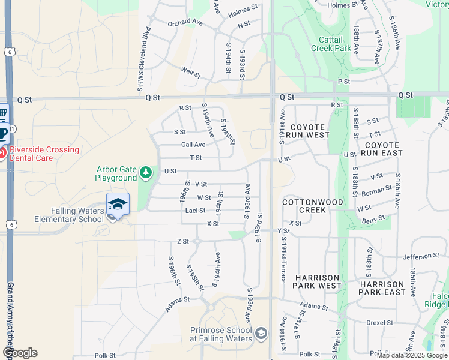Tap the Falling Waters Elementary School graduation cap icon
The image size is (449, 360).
click(x=118, y=204)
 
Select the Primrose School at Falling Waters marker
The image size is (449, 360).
click(x=261, y=333)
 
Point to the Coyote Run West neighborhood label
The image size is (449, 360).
click(x=310, y=131)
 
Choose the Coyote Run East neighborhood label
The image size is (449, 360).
click(x=382, y=149)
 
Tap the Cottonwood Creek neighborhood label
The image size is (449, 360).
click(x=304, y=206)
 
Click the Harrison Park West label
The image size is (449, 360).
click(x=318, y=283)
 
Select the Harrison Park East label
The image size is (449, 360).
click(x=382, y=288)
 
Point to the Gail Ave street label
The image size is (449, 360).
click(x=193, y=145)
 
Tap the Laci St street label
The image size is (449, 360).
click(x=196, y=211)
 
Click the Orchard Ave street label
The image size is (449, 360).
click(x=185, y=23)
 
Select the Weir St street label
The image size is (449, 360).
click(x=190, y=74)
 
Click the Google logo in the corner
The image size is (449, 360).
click(x=20, y=352)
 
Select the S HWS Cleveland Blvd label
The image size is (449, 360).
click(x=144, y=67)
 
